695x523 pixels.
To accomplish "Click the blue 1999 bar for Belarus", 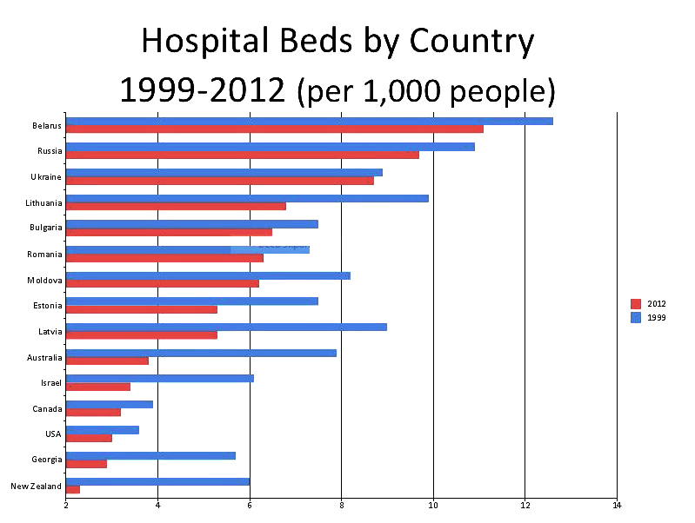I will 309,121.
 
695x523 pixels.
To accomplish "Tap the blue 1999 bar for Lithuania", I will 247,198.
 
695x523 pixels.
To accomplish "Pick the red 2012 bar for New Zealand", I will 73,490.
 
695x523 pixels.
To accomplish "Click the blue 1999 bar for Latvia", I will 226,327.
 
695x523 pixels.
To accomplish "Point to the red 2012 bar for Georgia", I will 86,464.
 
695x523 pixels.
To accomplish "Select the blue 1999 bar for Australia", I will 201,353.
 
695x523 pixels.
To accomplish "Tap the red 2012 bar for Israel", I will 98,387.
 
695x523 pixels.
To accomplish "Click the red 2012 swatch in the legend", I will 635,303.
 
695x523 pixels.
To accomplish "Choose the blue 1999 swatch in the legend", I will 635,317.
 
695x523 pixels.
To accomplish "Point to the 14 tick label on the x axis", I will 616,504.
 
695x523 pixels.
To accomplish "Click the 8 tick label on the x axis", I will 341,504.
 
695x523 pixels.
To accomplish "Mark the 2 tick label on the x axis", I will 66,504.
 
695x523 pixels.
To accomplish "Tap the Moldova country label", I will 47,281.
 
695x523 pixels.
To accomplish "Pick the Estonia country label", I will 48,306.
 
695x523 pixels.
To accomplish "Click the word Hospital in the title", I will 203,42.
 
